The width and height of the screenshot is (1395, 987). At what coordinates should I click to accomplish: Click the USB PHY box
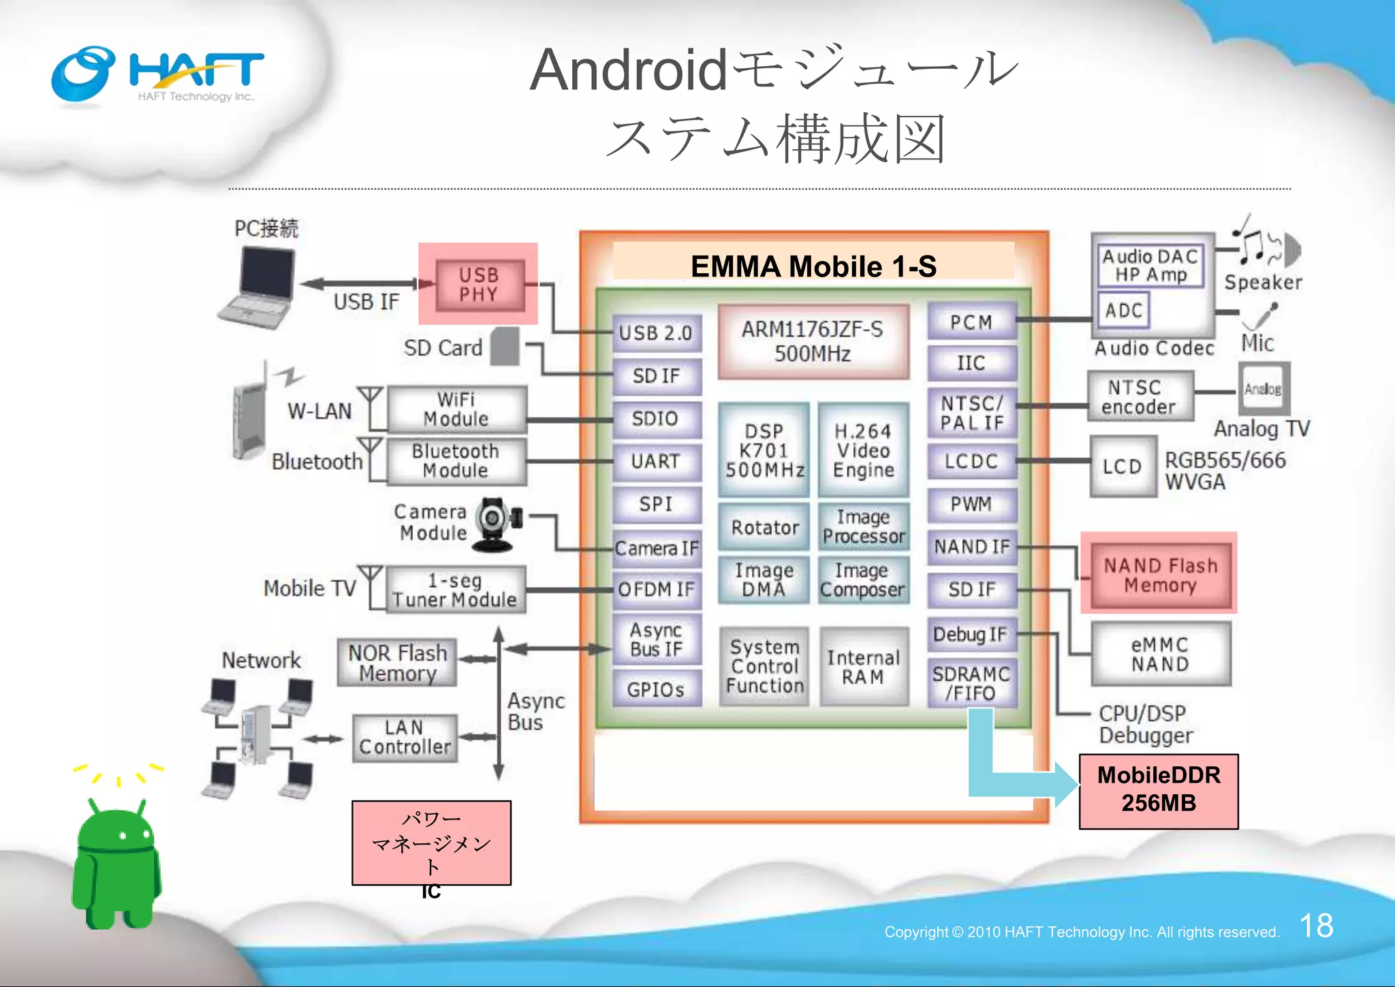coord(479,285)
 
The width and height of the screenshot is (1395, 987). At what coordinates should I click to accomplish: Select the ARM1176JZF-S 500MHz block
coord(813,342)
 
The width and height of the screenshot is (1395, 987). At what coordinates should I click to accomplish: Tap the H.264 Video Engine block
coord(863,450)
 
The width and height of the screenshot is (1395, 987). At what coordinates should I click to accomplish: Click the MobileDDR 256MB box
coord(1159,790)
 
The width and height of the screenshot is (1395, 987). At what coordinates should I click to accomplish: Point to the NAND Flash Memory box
coord(1160,575)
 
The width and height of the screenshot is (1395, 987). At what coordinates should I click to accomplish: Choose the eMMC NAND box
coord(1160,654)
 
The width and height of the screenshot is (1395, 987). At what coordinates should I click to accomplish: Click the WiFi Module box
coord(456,409)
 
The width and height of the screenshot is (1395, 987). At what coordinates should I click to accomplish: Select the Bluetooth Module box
coord(456,461)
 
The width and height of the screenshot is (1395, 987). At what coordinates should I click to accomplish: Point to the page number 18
coord(1316,926)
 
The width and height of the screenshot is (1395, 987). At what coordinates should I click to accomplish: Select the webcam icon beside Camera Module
coord(496,524)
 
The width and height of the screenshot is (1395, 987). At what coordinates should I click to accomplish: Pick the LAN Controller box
coord(405,738)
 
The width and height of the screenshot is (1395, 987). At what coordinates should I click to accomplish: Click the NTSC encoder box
coord(1140,396)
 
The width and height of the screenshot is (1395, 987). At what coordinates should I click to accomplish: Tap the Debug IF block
coord(971,634)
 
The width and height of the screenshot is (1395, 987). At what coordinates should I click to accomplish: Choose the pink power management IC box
coord(431,843)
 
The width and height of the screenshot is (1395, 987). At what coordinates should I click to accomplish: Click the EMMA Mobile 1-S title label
coord(813,266)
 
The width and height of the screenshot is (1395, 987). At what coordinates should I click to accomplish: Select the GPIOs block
coord(655,689)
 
